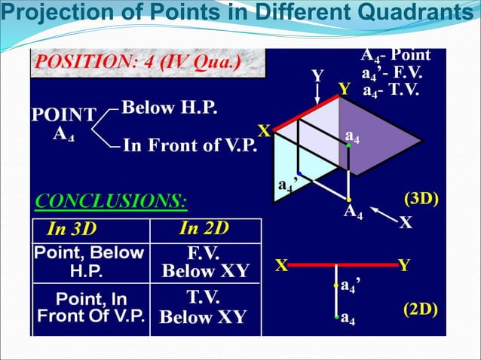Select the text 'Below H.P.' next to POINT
click(x=170, y=108)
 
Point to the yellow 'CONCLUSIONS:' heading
click(x=112, y=201)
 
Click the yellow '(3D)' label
click(x=422, y=199)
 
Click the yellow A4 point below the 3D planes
click(x=349, y=200)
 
